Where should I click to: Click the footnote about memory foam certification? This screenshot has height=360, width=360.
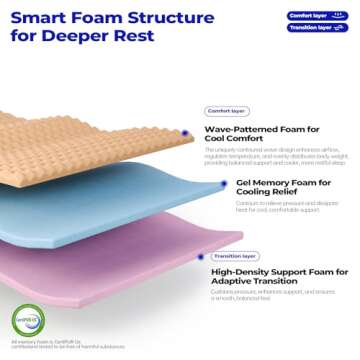(x=60, y=345)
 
